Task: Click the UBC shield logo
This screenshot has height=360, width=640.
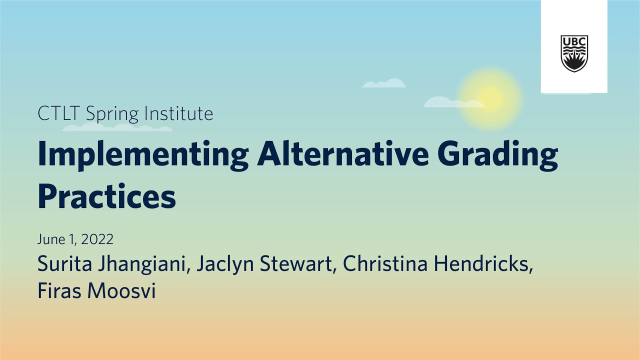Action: coord(574,53)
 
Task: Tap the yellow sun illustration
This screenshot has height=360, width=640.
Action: coord(489,97)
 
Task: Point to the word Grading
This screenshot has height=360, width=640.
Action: coord(497,155)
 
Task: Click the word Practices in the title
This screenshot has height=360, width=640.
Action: coord(106,196)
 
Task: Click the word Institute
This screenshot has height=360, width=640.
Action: coord(178,114)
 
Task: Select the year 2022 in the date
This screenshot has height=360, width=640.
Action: coord(97,239)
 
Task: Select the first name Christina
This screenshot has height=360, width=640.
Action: coord(385,264)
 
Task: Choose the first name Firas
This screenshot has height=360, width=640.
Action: coord(59,291)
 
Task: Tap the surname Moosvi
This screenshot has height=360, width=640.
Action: coord(121,291)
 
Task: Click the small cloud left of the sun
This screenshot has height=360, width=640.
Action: coord(384,83)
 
